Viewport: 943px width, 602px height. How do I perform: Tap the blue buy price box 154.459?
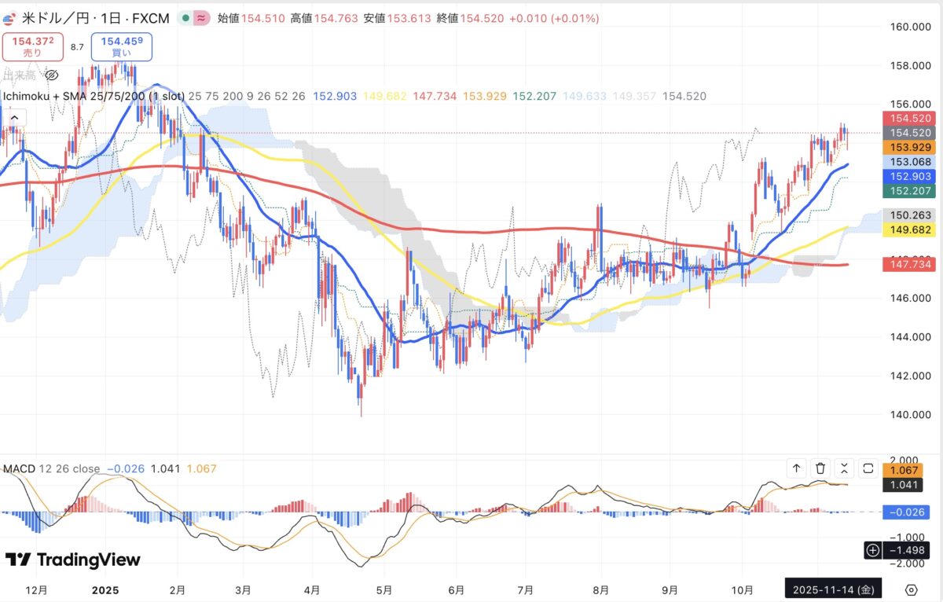pyautogui.click(x=122, y=46)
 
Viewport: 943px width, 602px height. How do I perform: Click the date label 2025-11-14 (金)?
pyautogui.click(x=833, y=589)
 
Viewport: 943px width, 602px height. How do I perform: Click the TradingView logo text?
pyautogui.click(x=73, y=560)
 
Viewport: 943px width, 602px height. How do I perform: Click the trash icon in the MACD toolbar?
pyautogui.click(x=820, y=468)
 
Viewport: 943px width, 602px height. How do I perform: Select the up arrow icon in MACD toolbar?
pyautogui.click(x=796, y=468)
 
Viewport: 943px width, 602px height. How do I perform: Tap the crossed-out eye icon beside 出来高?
pyautogui.click(x=52, y=75)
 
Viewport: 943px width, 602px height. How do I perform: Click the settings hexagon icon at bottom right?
pyautogui.click(x=912, y=589)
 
